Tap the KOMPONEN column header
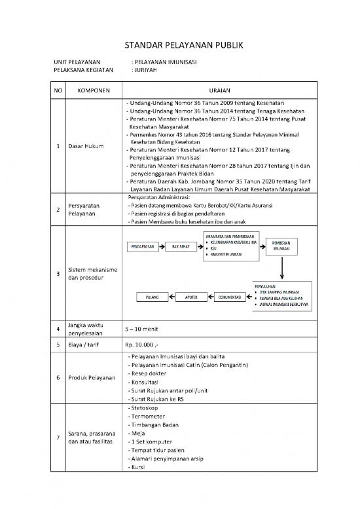tap(94, 90)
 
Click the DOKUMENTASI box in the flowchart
tap(230, 297)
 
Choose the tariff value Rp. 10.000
tap(141, 343)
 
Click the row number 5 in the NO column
tap(58, 343)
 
